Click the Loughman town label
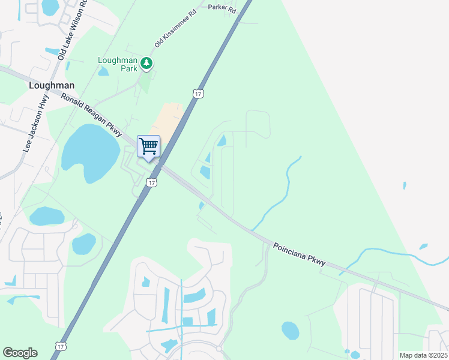tap(52, 85)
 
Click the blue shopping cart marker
tap(148, 146)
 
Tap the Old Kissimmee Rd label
tap(175, 29)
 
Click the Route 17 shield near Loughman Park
tap(198, 94)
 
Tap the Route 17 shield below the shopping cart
tap(152, 182)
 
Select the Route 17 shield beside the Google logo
tap(60, 346)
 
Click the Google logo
tap(20, 353)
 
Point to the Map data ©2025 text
tap(423, 355)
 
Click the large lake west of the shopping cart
tap(91, 153)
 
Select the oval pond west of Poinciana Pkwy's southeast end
tap(290, 330)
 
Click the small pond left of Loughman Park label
tap(103, 72)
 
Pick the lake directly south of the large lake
tap(46, 215)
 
